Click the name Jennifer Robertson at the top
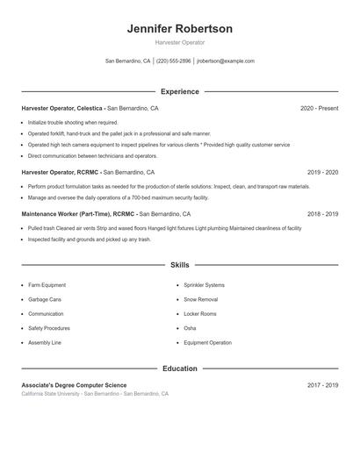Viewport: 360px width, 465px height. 179,29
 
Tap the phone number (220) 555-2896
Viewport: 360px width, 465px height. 174,61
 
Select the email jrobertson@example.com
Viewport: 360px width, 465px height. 226,61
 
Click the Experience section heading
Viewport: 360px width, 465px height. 179,91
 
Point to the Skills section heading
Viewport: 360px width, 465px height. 179,264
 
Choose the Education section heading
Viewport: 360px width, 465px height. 179,368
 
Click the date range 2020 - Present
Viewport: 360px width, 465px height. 319,108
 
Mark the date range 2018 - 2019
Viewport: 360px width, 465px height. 322,213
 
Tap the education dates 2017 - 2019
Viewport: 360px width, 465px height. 322,385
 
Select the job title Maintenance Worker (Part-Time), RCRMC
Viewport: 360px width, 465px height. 79,213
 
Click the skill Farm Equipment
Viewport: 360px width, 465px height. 47,285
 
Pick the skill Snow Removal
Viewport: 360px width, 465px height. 201,299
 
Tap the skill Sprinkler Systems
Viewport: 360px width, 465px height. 204,285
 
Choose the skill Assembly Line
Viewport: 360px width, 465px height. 44,342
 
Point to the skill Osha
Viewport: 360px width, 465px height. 190,328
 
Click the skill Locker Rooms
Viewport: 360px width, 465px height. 200,313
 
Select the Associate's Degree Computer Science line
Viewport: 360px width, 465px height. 74,385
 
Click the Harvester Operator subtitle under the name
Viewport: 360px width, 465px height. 179,42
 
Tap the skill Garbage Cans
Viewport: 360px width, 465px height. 44,299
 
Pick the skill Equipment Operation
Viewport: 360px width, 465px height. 207,342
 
